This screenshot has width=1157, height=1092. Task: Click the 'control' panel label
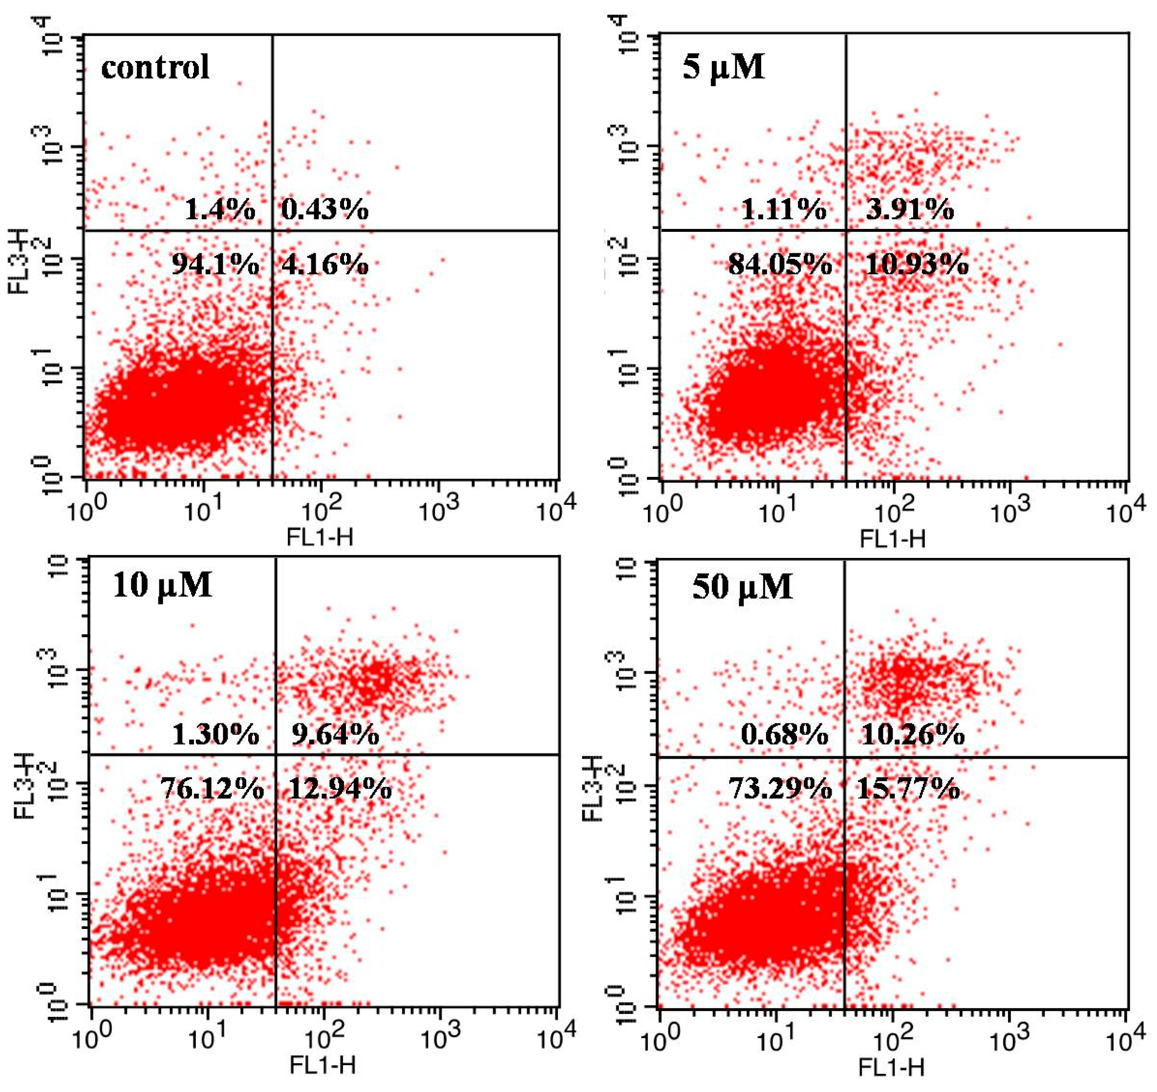pyautogui.click(x=155, y=67)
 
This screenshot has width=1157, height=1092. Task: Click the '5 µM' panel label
pyautogui.click(x=723, y=67)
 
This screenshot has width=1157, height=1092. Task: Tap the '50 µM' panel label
pyautogui.click(x=742, y=587)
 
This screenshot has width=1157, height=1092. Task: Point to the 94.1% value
pyautogui.click(x=215, y=265)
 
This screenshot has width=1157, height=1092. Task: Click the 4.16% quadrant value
pyautogui.click(x=325, y=265)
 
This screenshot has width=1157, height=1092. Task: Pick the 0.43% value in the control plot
pyautogui.click(x=325, y=209)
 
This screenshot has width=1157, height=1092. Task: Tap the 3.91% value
pyautogui.click(x=909, y=209)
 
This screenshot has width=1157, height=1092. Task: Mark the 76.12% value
pyautogui.click(x=212, y=789)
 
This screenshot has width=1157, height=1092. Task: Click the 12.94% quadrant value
pyautogui.click(x=340, y=789)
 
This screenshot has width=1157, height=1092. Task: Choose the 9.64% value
pyautogui.click(x=336, y=735)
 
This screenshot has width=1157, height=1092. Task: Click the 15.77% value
pyautogui.click(x=908, y=789)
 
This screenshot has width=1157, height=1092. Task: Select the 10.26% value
pyautogui.click(x=913, y=735)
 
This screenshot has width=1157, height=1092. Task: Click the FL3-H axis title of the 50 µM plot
pyautogui.click(x=593, y=788)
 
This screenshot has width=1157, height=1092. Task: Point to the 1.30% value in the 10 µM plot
pyautogui.click(x=215, y=735)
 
